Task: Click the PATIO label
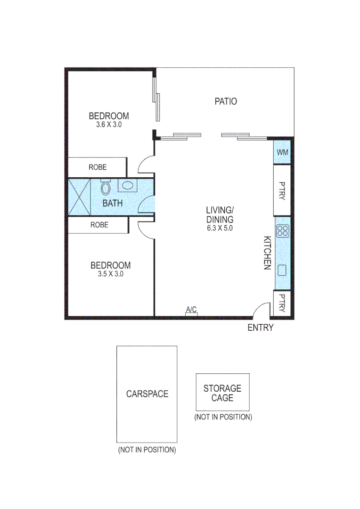(226, 101)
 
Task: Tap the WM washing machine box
(282, 152)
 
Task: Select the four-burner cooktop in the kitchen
(283, 230)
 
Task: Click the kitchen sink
(283, 270)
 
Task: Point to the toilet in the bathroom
(106, 189)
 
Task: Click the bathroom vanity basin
(127, 185)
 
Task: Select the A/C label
(191, 310)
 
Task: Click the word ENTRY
(261, 328)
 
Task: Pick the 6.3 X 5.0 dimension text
(220, 228)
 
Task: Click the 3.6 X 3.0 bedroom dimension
(109, 125)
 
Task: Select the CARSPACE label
(147, 394)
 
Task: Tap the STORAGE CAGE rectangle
(222, 393)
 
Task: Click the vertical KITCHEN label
(266, 253)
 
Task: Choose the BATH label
(113, 204)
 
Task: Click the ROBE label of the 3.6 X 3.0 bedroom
(98, 167)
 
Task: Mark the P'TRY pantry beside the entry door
(282, 304)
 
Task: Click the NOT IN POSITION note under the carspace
(147, 450)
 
